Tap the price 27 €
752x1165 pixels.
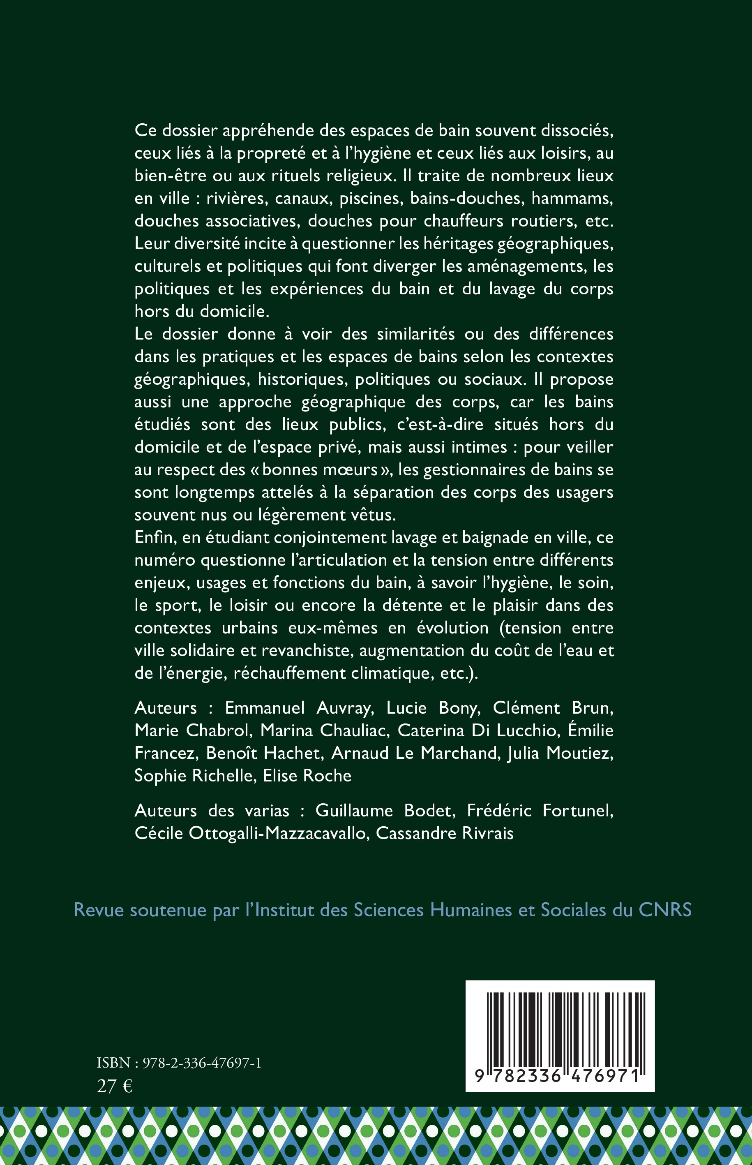tap(115, 1086)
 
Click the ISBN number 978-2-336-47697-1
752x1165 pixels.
tap(202, 1063)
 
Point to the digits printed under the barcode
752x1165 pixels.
tap(560, 1076)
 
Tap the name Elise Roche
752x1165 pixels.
tap(307, 775)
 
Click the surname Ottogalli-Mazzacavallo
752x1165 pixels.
tap(277, 833)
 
